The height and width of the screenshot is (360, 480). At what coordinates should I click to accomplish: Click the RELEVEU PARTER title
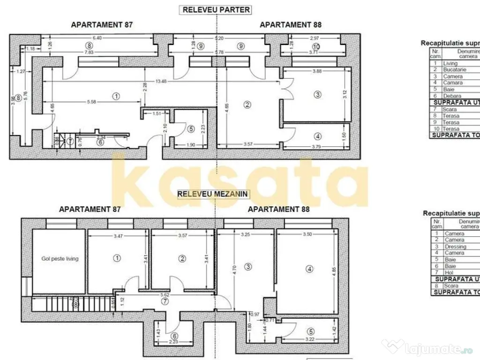[216, 9]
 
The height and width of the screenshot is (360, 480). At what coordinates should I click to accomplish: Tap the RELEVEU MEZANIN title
[213, 194]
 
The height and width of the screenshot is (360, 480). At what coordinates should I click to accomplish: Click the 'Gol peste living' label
[60, 259]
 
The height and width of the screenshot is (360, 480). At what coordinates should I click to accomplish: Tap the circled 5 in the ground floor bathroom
[190, 128]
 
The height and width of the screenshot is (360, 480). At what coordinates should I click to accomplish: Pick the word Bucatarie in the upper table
[454, 69]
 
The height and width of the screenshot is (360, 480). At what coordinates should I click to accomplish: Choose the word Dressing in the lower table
[456, 247]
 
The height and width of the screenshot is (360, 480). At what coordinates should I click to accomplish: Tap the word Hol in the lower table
[449, 272]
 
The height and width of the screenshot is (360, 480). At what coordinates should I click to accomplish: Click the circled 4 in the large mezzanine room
[308, 269]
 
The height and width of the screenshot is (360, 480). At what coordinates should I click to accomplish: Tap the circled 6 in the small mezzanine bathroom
[174, 336]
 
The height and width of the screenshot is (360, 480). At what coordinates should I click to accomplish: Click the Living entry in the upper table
[450, 63]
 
